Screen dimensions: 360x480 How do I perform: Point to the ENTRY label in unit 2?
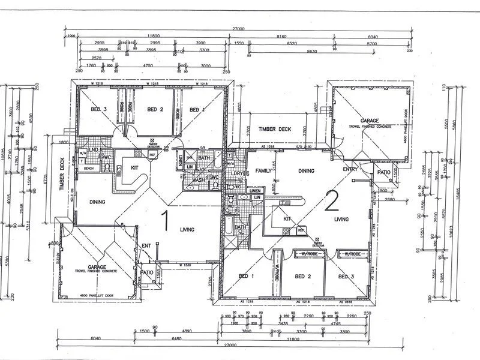(x=350, y=170)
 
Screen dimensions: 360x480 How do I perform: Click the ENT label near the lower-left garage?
(x=146, y=246)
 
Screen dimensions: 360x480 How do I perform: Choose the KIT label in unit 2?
(x=287, y=219)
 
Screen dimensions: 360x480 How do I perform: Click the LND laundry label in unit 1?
(x=94, y=150)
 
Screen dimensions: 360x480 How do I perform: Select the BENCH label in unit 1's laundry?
(x=89, y=169)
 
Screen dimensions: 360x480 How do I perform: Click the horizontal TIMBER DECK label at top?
(x=274, y=129)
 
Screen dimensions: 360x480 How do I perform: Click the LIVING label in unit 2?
(x=341, y=220)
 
